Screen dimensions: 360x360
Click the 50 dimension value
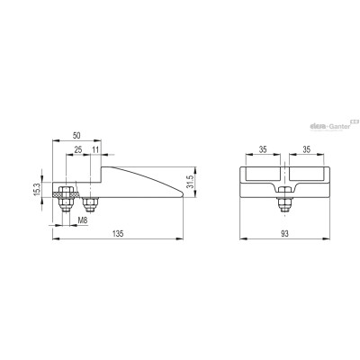coord(76,135)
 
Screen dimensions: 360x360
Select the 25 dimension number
coord(78,150)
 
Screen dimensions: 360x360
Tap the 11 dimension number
coord(95,150)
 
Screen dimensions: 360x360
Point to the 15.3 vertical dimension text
coord(37,190)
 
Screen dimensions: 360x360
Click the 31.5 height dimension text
coord(190,182)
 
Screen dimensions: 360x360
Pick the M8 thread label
coord(83,220)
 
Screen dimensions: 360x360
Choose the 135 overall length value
coord(118,234)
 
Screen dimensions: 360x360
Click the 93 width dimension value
coord(284,234)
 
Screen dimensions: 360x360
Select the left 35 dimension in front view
coord(263,149)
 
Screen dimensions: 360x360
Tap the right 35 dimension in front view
coord(307,149)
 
